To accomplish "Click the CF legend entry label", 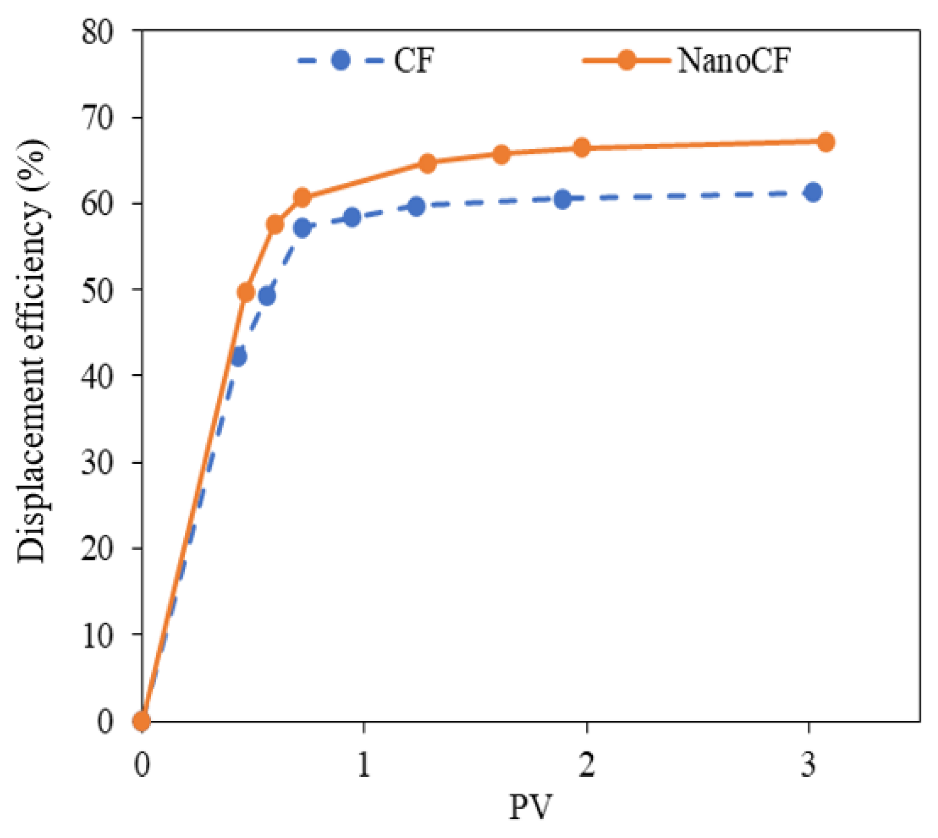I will (413, 61).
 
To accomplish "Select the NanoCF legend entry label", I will (733, 61).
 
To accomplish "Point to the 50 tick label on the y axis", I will (98, 291).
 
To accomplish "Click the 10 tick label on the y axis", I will (98, 635).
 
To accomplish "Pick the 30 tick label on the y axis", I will (98, 463).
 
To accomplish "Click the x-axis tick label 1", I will (364, 765).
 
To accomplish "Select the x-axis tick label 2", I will (587, 765).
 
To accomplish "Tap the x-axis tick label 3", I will (808, 765).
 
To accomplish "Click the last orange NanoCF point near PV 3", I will (826, 142).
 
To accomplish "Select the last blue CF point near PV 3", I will (813, 192).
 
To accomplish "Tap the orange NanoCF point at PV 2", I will (582, 147).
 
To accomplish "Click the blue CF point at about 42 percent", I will (238, 357).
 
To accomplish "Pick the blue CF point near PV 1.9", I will (563, 199).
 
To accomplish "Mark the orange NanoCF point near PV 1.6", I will (501, 155).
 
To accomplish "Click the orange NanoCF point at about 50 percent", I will (246, 292).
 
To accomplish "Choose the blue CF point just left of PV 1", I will (352, 217).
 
